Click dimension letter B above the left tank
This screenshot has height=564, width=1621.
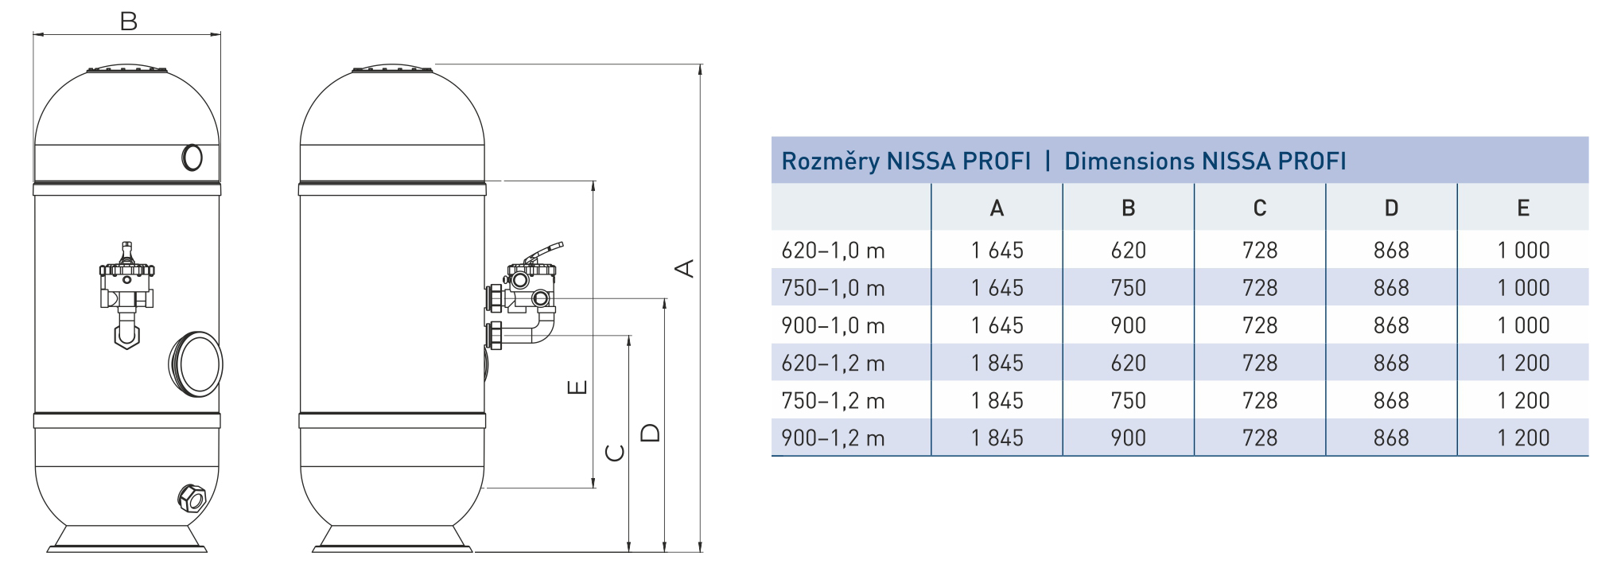tap(128, 21)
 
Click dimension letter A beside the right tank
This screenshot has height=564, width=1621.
tap(685, 268)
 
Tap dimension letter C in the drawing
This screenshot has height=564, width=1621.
tap(615, 453)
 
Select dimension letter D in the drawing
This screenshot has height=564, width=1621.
tap(651, 433)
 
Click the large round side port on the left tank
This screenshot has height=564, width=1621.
tap(196, 364)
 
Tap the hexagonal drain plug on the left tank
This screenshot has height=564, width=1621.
tap(191, 497)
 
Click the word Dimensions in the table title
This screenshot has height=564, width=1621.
tap(1128, 161)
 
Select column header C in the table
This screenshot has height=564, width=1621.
tap(1259, 208)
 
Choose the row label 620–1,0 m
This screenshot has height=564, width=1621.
tap(833, 251)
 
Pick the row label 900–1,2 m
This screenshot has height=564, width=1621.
tap(833, 438)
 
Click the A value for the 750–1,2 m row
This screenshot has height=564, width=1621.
tap(997, 401)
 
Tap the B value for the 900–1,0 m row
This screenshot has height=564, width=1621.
tap(1128, 325)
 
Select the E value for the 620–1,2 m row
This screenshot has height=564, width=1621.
tap(1522, 364)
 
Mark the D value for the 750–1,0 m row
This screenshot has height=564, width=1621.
tap(1390, 288)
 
